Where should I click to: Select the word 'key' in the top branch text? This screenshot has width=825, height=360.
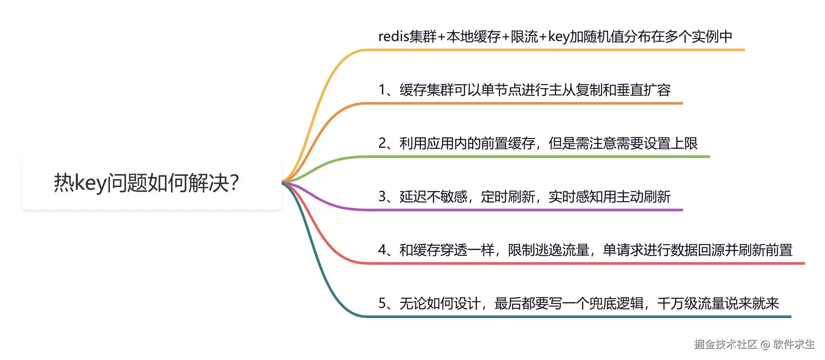click(x=558, y=37)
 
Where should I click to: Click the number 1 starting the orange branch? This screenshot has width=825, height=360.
click(x=382, y=90)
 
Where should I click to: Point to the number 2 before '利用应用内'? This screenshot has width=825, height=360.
click(x=382, y=143)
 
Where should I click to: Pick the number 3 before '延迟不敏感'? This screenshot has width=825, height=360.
click(x=382, y=197)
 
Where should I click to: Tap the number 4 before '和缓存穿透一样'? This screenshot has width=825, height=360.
click(x=382, y=250)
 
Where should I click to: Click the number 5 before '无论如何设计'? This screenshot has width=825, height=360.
click(x=382, y=303)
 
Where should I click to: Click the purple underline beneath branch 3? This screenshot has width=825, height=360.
click(x=525, y=210)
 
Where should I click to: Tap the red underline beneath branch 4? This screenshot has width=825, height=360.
click(x=584, y=263)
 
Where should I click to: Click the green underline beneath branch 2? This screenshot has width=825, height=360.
click(x=538, y=157)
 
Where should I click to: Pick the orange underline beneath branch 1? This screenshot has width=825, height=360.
click(x=525, y=103)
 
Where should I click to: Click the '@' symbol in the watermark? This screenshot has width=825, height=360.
click(x=765, y=344)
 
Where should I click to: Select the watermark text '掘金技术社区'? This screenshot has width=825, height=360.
click(x=725, y=344)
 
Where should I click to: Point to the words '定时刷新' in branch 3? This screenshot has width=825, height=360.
click(x=508, y=197)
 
